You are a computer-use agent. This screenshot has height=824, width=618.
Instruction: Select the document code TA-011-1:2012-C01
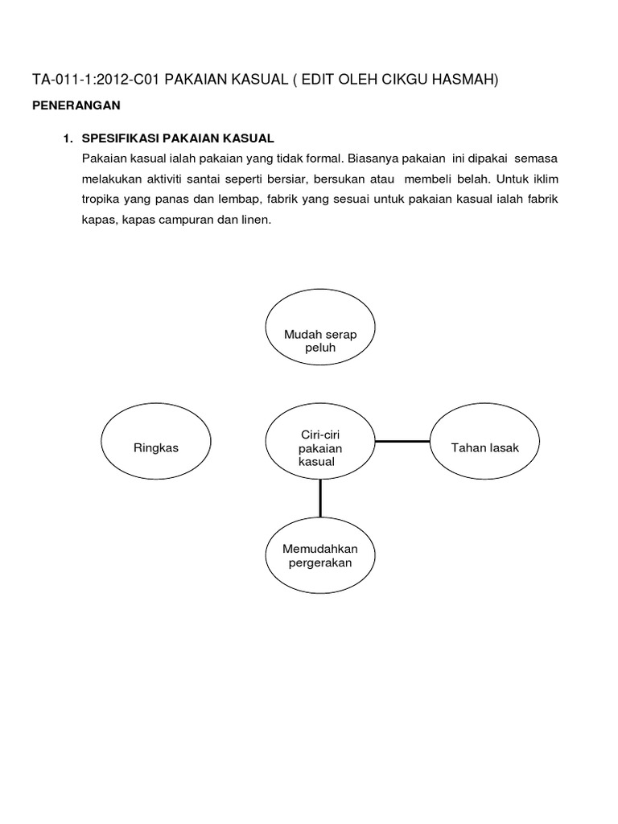[x=100, y=78]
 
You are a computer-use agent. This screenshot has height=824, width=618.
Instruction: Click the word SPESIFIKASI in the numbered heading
[x=119, y=138]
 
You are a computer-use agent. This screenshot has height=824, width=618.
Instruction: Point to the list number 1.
[x=68, y=138]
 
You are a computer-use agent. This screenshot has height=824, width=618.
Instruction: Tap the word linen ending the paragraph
[x=257, y=219]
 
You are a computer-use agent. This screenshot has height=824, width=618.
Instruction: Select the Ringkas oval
[x=156, y=447]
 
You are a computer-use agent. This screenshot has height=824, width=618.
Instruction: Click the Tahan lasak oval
[x=485, y=447]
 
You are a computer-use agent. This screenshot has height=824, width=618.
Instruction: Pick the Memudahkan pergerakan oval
[x=319, y=555]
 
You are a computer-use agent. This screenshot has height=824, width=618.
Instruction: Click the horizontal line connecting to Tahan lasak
[x=402, y=441]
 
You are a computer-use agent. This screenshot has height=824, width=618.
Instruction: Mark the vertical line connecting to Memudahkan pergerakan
[x=320, y=497]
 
